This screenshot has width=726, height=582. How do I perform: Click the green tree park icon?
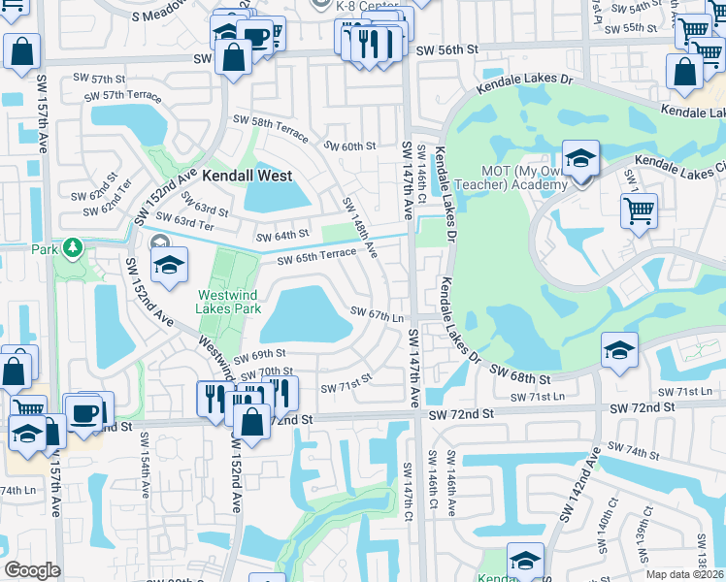72,249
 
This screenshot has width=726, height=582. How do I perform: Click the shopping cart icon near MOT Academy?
639,209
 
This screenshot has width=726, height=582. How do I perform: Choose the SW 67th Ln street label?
377,315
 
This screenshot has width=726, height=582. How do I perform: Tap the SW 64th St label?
281,235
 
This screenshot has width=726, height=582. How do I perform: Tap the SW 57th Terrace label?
120,94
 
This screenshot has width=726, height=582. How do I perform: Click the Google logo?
31,570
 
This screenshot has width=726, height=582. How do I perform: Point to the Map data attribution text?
685,574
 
